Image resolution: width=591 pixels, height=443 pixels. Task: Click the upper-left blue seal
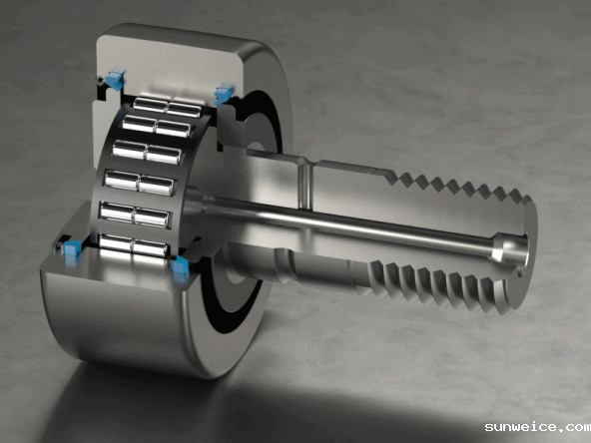click(x=116, y=79)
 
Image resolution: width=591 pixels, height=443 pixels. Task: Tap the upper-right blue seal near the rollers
click(x=224, y=94)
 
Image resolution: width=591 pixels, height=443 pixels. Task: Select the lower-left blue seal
click(x=72, y=249)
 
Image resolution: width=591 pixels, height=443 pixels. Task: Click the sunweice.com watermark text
click(x=538, y=427)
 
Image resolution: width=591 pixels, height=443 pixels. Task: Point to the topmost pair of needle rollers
click(x=167, y=108)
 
